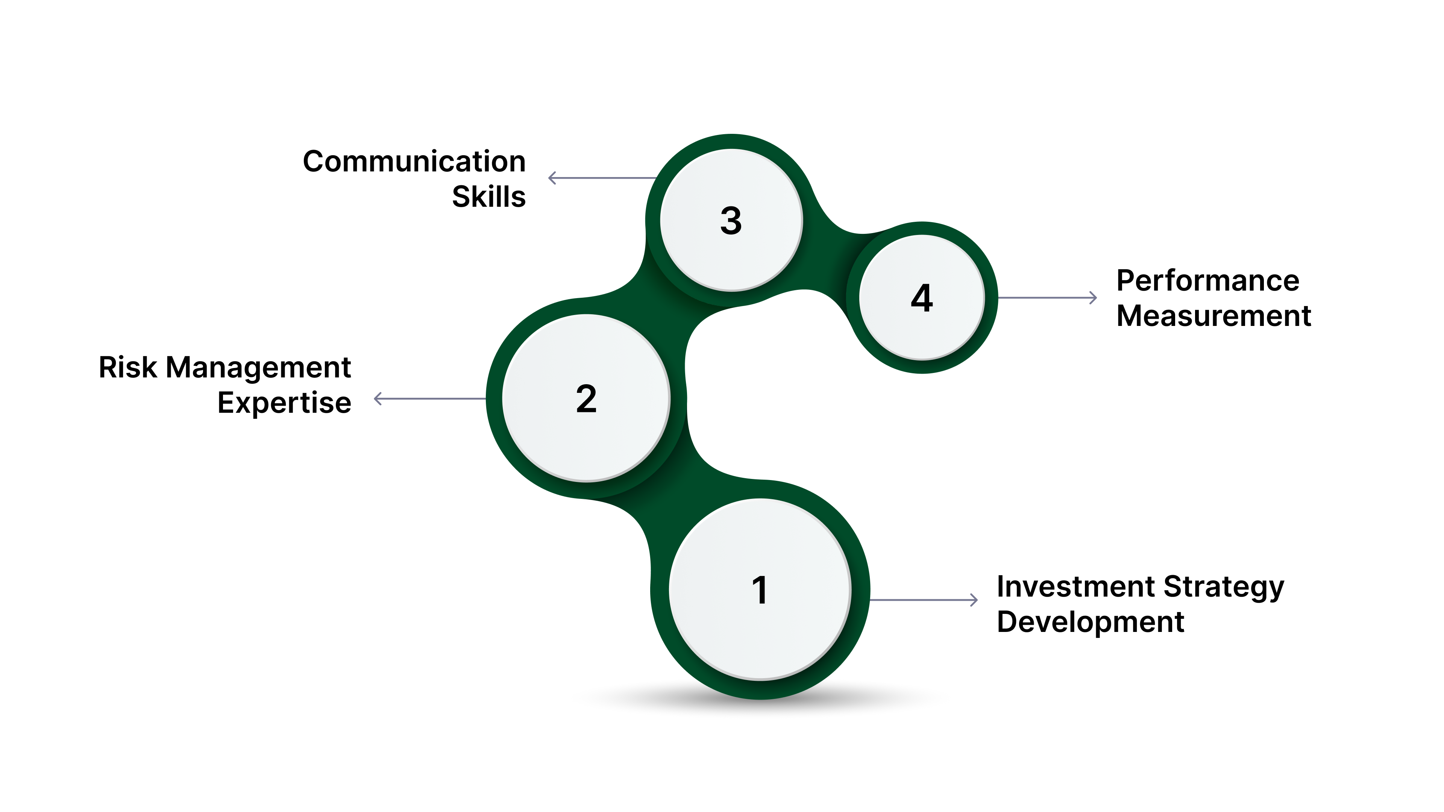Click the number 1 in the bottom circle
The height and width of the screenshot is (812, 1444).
[760, 590]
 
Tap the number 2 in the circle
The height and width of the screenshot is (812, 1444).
[586, 399]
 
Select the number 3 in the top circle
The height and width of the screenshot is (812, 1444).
[731, 220]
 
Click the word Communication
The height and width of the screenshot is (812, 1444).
[414, 161]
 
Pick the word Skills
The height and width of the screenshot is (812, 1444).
[489, 197]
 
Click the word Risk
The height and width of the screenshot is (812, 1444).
[128, 368]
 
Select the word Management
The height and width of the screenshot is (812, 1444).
[258, 368]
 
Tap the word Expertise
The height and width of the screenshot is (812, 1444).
[284, 403]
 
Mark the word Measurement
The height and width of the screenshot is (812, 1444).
[1213, 315]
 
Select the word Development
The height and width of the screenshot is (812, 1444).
[1090, 622]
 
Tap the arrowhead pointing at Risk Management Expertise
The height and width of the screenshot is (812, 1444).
[377, 399]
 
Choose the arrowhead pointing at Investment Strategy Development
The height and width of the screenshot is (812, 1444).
[974, 600]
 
